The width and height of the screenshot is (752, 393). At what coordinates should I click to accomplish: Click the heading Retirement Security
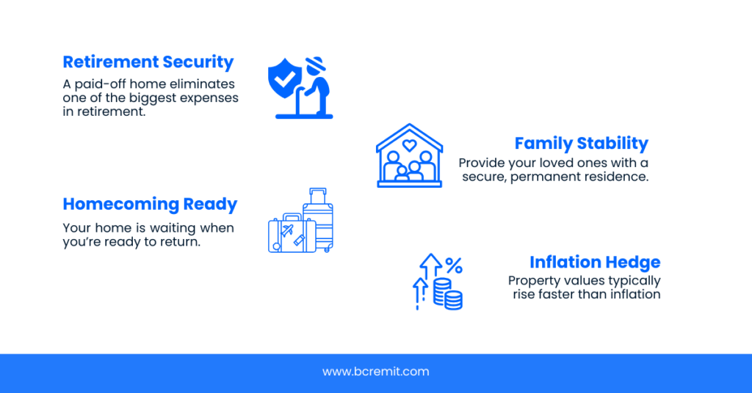click(x=148, y=62)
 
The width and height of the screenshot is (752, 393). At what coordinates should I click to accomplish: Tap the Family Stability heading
click(x=581, y=143)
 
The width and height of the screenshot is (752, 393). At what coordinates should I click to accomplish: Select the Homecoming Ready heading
click(x=150, y=204)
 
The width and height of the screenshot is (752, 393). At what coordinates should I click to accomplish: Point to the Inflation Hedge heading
click(x=595, y=262)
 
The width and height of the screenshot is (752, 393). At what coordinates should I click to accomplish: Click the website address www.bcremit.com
click(x=375, y=372)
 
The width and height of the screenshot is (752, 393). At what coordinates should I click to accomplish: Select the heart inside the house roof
click(x=409, y=145)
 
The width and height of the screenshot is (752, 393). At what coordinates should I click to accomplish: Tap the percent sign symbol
click(x=453, y=265)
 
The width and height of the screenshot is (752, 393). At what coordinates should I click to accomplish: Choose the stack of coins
click(x=448, y=293)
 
